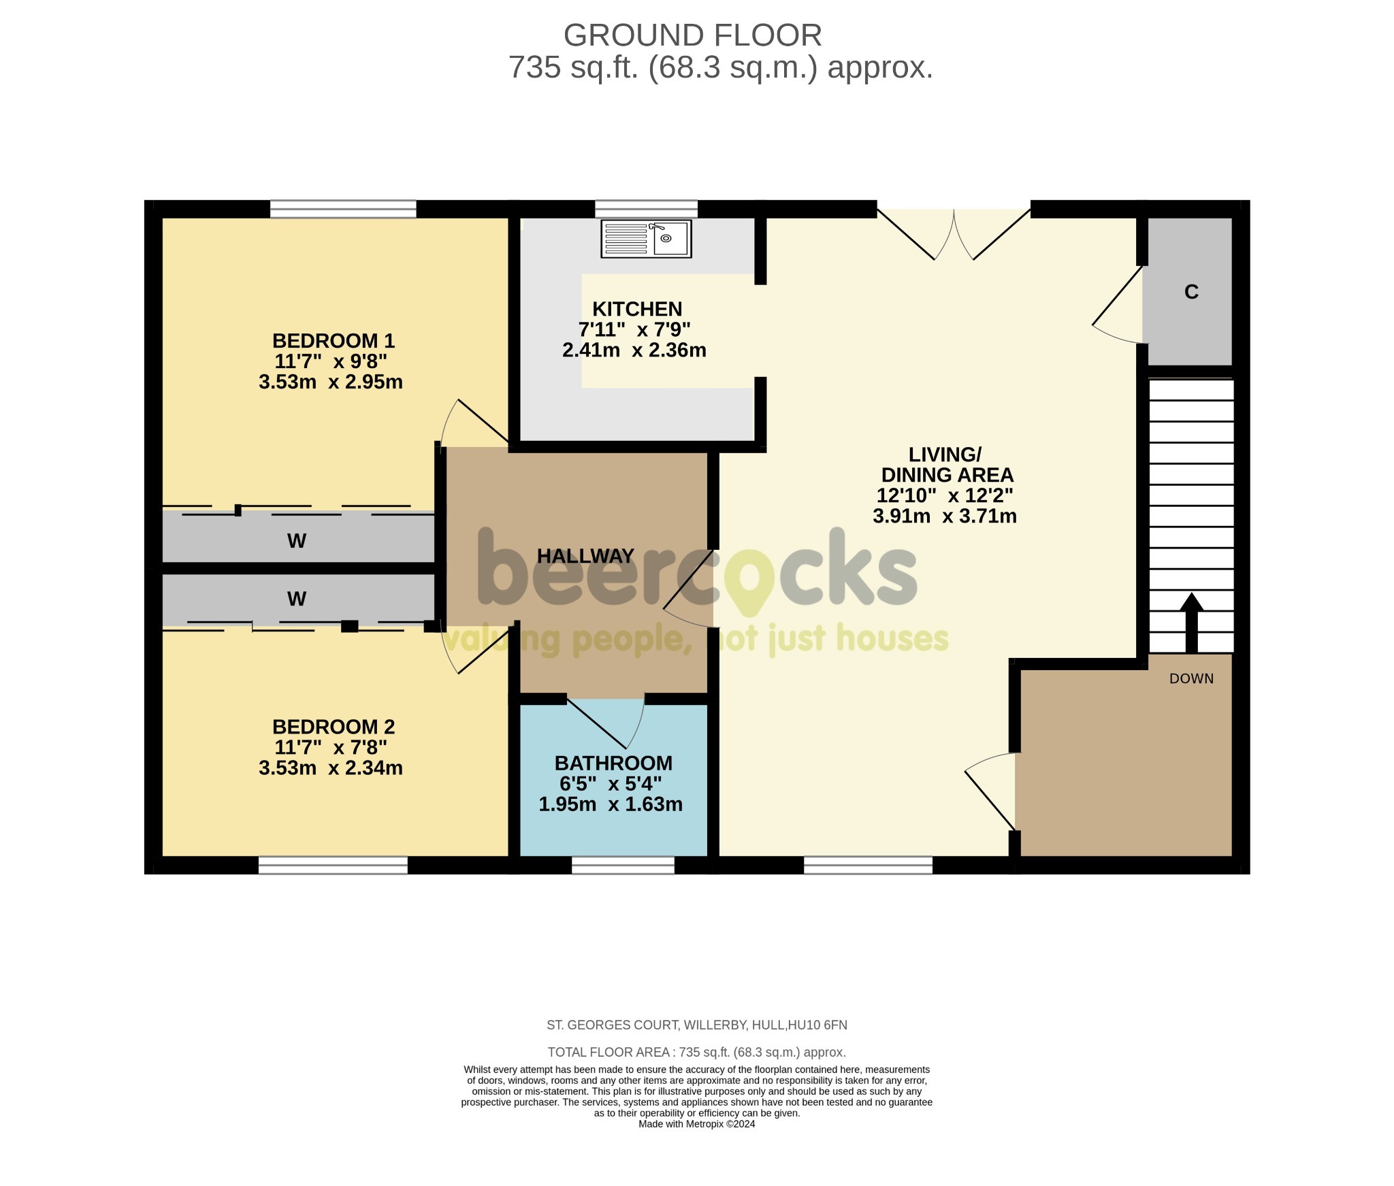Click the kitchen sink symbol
pos(646,239)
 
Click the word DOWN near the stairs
pos(1191,678)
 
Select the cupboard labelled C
pos(1190,292)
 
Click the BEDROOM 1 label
pos(333,340)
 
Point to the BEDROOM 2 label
pos(333,727)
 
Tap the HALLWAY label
pos(585,556)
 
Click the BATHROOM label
pos(613,763)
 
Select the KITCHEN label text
pos(636,309)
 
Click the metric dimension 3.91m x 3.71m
pos(944,516)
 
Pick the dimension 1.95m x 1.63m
pos(611,804)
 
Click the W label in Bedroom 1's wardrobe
pos(297,541)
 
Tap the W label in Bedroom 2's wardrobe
pos(297,599)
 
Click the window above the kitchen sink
pos(646,208)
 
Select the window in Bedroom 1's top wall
pos(343,208)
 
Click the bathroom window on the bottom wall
pos(623,865)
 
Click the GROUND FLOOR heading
pos(692,35)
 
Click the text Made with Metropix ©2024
pos(696,1124)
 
